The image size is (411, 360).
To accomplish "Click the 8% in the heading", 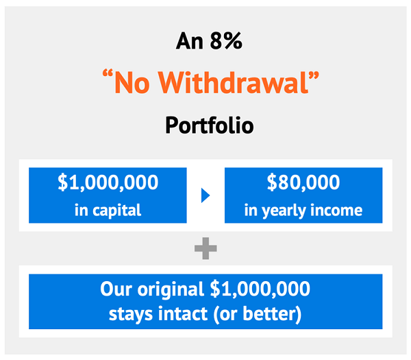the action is tap(226, 41).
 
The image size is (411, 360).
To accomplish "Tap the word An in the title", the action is tap(190, 41).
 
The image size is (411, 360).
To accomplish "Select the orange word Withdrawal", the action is tap(234, 82).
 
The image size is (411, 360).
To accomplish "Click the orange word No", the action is tap(132, 83).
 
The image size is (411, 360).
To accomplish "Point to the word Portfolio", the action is tap(210, 125).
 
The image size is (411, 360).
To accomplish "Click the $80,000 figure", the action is tap(303, 182).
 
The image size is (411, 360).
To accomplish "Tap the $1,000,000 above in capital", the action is tap(108, 182).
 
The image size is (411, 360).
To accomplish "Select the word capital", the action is tap(117, 211).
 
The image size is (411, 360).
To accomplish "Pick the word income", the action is tap(336, 211).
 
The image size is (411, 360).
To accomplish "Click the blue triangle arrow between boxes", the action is tap(206, 195).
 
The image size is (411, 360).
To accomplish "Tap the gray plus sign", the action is tap(206, 248).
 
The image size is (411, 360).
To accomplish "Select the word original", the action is tap(171, 289).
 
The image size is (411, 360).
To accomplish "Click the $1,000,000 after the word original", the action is tap(260, 289).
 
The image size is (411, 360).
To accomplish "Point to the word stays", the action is tap(131, 314).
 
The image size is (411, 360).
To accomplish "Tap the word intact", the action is tap(182, 313).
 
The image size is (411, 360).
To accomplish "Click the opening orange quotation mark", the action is tap(108, 74).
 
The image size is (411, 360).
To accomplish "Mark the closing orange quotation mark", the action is tap(314, 75).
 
